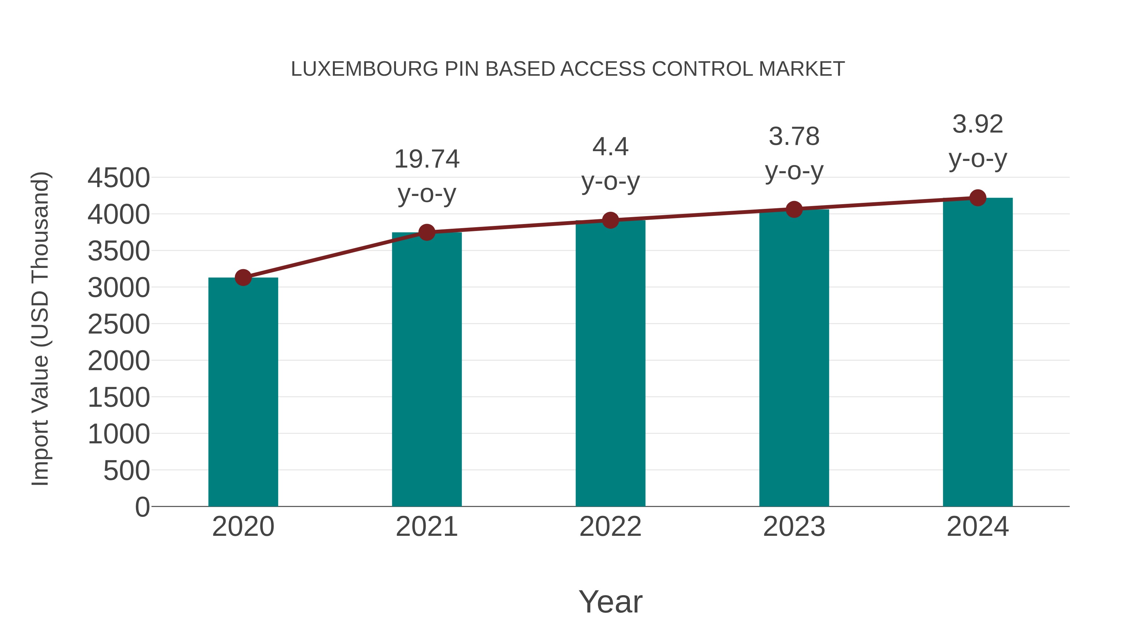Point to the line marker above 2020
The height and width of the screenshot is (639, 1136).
coord(243,278)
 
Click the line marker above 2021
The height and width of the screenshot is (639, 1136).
coord(427,232)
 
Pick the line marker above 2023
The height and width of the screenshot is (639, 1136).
coord(794,210)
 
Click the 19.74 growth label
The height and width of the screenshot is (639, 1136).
coord(427,159)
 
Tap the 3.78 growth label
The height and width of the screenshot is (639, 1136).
coord(794,137)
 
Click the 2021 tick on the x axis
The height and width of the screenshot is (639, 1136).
coord(427,527)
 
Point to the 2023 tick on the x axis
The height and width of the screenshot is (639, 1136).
coord(794,527)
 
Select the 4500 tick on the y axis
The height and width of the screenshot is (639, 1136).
coord(119,178)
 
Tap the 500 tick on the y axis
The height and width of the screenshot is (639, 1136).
coord(127,471)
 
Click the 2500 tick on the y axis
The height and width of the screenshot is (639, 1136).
coord(119,325)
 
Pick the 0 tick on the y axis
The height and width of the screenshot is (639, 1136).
coord(142,507)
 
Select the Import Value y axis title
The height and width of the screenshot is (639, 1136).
coord(41,328)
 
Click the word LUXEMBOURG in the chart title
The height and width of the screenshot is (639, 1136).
coord(364,69)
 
